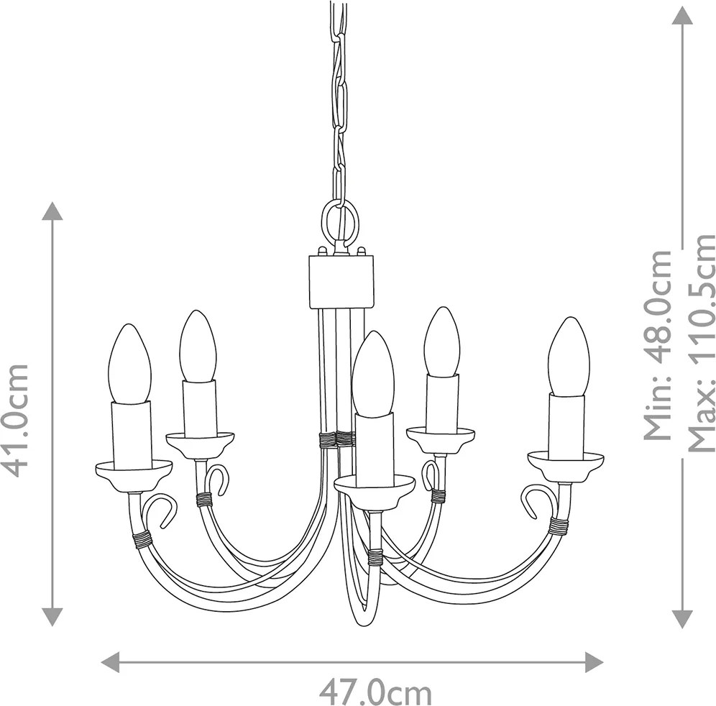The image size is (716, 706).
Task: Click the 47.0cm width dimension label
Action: (375, 693)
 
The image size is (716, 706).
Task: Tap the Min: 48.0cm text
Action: (658, 352)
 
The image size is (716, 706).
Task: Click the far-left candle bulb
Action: (131, 364)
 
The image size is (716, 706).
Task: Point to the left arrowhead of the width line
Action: (110, 661)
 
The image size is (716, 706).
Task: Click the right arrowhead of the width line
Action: (594, 661)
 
